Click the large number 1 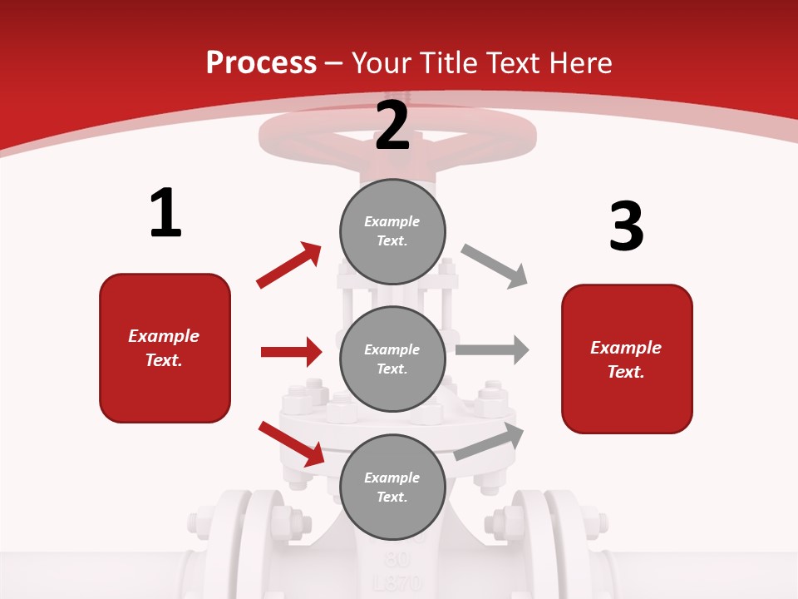(x=165, y=214)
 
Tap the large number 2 (x=392, y=126)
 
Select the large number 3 (x=627, y=226)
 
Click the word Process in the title (x=261, y=62)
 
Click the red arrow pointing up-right (x=289, y=265)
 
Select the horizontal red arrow (x=291, y=352)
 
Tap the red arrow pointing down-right (x=292, y=443)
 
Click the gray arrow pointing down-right (x=495, y=266)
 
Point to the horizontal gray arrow (x=492, y=349)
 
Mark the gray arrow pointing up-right (x=490, y=442)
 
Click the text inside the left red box (x=164, y=348)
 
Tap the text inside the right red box (x=626, y=359)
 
